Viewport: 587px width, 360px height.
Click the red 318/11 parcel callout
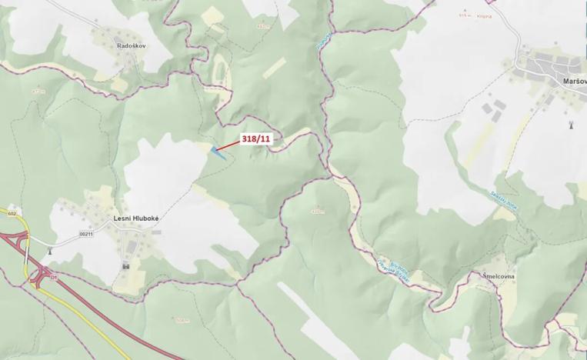click(255, 138)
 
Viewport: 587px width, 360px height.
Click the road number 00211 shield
click(85, 234)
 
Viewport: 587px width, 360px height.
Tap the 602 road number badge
click(12, 213)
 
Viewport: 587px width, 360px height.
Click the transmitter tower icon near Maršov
click(570, 123)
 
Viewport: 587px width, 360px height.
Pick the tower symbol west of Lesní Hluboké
click(51, 248)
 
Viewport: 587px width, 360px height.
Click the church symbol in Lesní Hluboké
click(125, 266)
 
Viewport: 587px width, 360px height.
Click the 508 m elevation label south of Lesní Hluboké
click(182, 319)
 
